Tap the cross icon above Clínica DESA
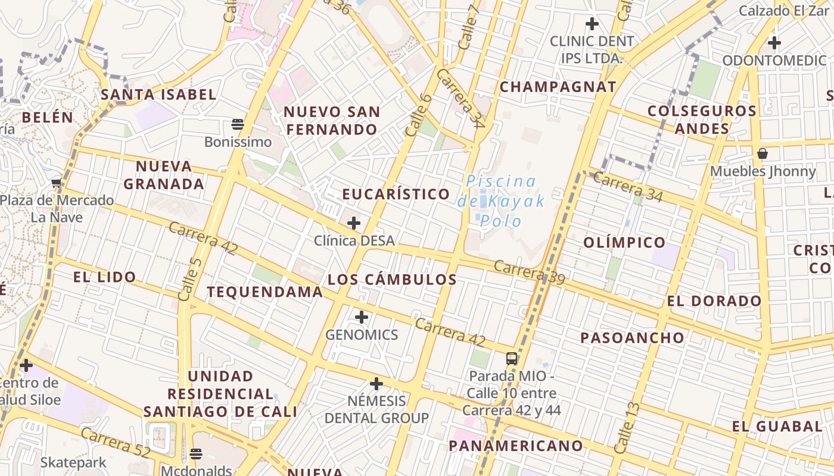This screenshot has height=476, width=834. [x=354, y=223]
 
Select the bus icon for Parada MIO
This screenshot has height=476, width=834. [x=512, y=358]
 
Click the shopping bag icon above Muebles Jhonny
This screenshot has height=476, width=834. [x=763, y=154]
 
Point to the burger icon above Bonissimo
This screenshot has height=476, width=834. [x=238, y=124]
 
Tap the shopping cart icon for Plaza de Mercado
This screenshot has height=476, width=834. [x=57, y=183]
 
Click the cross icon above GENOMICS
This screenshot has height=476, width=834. [x=362, y=317]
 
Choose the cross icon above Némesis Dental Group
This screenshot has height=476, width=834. [x=376, y=384]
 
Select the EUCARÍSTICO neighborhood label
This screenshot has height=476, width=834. [x=396, y=194]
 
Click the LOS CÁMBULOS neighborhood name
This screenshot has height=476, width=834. [x=392, y=279]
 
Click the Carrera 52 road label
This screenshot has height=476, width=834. [x=116, y=443]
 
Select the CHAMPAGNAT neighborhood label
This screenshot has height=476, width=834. [x=558, y=87]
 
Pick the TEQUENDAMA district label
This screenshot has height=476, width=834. [x=264, y=292]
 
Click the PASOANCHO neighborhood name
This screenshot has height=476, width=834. [x=633, y=338]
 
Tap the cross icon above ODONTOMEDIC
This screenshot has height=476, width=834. [x=774, y=43]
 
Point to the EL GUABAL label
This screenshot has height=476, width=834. [x=777, y=426]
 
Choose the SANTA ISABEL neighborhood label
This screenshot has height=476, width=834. [x=158, y=95]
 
